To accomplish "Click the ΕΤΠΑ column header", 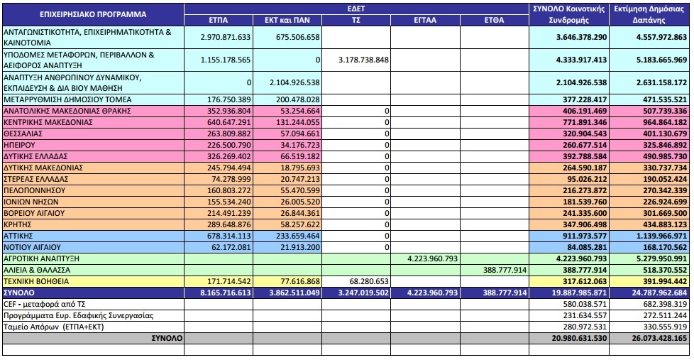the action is [218, 20].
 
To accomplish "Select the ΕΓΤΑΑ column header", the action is [425, 20].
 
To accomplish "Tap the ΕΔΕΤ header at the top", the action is [356, 9].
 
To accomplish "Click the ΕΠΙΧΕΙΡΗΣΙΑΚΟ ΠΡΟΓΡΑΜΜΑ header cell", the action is [93, 14].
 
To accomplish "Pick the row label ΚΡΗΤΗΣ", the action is [17, 224].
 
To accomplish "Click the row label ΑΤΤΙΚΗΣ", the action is [18, 236].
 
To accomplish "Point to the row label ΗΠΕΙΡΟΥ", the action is [19, 145].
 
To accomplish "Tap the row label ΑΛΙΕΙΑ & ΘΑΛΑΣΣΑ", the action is [37, 270].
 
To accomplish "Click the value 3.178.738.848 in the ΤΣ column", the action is [363, 60].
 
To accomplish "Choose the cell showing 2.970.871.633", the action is [225, 37].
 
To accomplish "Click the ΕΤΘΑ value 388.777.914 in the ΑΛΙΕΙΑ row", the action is [505, 270].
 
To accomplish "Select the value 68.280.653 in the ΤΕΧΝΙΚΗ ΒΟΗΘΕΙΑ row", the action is [369, 282].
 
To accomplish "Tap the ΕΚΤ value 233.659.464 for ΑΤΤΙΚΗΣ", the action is [298, 236].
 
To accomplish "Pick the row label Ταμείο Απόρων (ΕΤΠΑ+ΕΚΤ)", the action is [53, 327].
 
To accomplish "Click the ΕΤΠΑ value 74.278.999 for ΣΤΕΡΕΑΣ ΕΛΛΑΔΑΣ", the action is [231, 179].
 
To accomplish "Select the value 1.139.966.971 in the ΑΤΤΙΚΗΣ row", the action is [661, 236].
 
